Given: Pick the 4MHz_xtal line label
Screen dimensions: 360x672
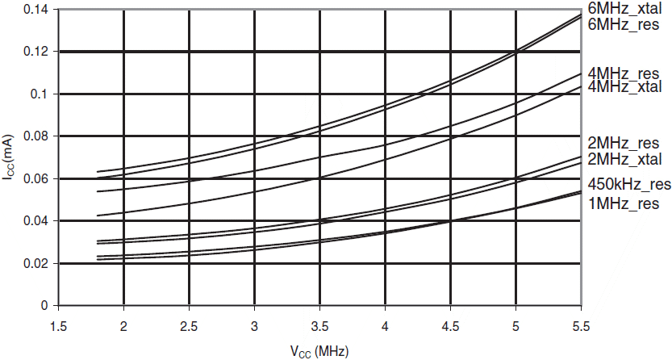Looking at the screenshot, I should (x=627, y=86).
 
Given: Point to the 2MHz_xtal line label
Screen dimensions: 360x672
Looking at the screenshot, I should (x=627, y=159).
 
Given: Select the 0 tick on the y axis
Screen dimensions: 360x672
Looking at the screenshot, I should (x=44, y=306).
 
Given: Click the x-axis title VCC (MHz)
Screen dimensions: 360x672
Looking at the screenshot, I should (x=319, y=351).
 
